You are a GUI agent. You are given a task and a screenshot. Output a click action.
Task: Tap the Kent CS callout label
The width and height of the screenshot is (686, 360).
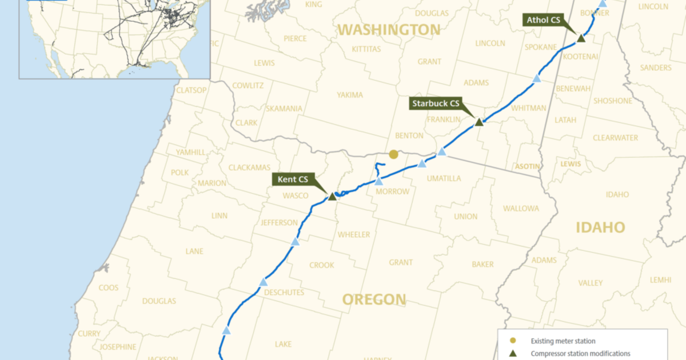pyautogui.click(x=293, y=179)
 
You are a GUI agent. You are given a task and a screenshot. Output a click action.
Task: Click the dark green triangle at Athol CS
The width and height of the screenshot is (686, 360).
pyautogui.click(x=581, y=38)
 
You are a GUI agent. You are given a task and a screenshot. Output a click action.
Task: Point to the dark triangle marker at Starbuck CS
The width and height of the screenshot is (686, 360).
pyautogui.click(x=479, y=122)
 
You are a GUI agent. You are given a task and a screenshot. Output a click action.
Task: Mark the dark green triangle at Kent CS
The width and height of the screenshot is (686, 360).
pyautogui.click(x=332, y=196)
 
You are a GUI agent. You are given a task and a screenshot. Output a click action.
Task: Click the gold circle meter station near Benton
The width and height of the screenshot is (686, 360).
pyautogui.click(x=393, y=154)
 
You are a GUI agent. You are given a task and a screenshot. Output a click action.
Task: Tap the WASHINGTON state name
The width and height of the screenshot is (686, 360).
pyautogui.click(x=389, y=30)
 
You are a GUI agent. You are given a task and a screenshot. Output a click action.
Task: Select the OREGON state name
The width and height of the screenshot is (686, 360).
pyautogui.click(x=374, y=299)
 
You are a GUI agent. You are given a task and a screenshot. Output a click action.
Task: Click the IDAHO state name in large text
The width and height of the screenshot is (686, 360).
pyautogui.click(x=600, y=228)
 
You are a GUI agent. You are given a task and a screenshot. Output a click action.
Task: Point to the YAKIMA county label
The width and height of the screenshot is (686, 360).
pyautogui.click(x=350, y=95)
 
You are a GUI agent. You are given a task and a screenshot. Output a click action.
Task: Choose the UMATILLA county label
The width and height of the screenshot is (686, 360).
pyautogui.click(x=444, y=178)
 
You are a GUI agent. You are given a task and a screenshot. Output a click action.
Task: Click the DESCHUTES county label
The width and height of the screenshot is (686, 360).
pyautogui.click(x=284, y=292)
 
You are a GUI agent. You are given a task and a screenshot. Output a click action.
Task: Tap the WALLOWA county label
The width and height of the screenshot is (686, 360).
pyautogui.click(x=521, y=208)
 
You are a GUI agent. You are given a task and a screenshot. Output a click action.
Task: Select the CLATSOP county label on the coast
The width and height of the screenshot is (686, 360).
pyautogui.click(x=192, y=90)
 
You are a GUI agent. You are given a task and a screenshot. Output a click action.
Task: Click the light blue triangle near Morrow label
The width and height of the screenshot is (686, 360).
pyautogui.click(x=378, y=181)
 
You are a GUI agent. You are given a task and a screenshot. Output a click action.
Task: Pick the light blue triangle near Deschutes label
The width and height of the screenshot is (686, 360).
pyautogui.click(x=263, y=282)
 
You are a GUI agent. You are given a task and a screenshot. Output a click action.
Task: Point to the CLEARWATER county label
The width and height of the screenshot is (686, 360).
pyautogui.click(x=615, y=138)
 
